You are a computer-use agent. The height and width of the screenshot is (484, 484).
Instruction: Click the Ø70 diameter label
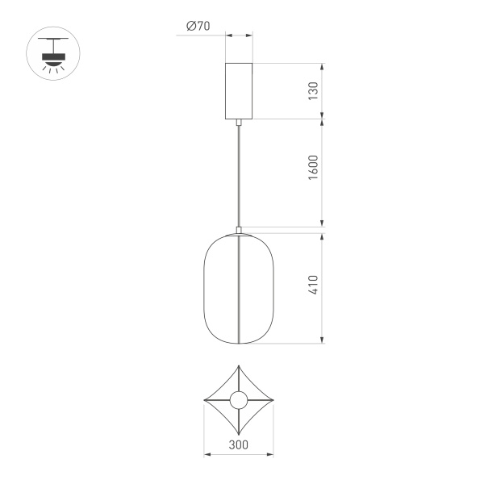point(198,26)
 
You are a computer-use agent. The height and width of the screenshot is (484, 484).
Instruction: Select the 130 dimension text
point(314,90)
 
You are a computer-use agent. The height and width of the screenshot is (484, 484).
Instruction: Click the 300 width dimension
point(238,444)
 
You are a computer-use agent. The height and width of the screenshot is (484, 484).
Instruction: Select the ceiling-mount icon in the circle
point(54,56)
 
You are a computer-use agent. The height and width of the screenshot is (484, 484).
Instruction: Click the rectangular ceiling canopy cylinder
point(239,90)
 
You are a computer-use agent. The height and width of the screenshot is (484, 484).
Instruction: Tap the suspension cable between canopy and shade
point(239,173)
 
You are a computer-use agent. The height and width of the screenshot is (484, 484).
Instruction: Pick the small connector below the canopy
point(239,123)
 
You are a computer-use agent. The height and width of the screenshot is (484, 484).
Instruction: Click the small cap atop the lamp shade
point(239,230)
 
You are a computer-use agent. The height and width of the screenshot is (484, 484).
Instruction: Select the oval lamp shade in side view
point(239,288)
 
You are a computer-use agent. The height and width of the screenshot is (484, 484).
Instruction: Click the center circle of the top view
point(239,400)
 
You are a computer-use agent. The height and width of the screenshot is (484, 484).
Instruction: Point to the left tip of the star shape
point(203,400)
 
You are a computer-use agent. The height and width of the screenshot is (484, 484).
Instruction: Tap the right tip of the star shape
point(274,400)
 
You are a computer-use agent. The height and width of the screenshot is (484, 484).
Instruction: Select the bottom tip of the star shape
point(239,435)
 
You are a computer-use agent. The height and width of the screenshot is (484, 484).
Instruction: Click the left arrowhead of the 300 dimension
point(206,455)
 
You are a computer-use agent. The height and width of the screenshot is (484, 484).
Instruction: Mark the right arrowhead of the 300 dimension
point(272,455)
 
